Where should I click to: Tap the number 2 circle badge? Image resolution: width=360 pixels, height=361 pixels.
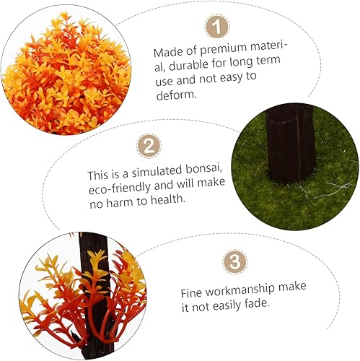point(149,146)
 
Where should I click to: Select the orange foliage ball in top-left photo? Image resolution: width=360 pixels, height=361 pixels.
point(58,72)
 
